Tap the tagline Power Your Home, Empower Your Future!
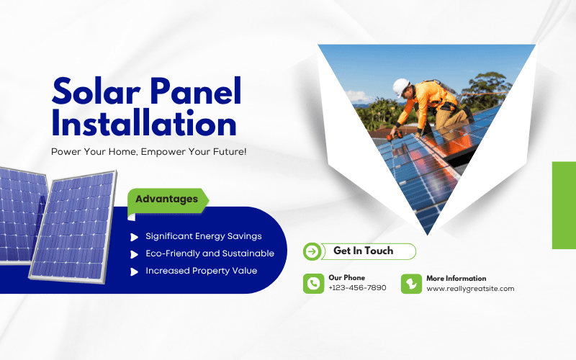coord(148,152)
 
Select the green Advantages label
coord(166,199)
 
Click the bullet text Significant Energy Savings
coord(203,236)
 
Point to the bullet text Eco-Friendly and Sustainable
coord(210,253)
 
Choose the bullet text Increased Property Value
coord(201,271)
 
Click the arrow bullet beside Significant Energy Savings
coord(134,236)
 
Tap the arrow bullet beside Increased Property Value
coord(134,271)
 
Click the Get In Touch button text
coord(363,251)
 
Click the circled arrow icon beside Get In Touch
coord(312,251)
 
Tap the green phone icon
coord(313,283)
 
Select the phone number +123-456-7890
coord(357,288)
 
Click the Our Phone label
coord(346,278)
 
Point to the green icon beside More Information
coord(411,283)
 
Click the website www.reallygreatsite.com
coord(470,288)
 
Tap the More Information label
coord(456,278)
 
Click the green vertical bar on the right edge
coord(564,205)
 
